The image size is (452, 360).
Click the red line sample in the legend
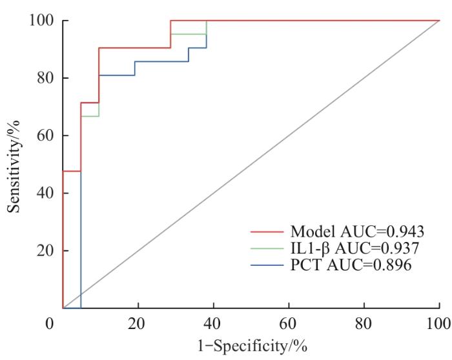point(268,231)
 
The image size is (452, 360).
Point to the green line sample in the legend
point(268,248)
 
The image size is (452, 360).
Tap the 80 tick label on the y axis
point(44,78)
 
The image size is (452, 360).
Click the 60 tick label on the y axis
point(44,135)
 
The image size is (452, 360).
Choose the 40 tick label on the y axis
point(44,193)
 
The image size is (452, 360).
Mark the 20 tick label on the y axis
point(44,250)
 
